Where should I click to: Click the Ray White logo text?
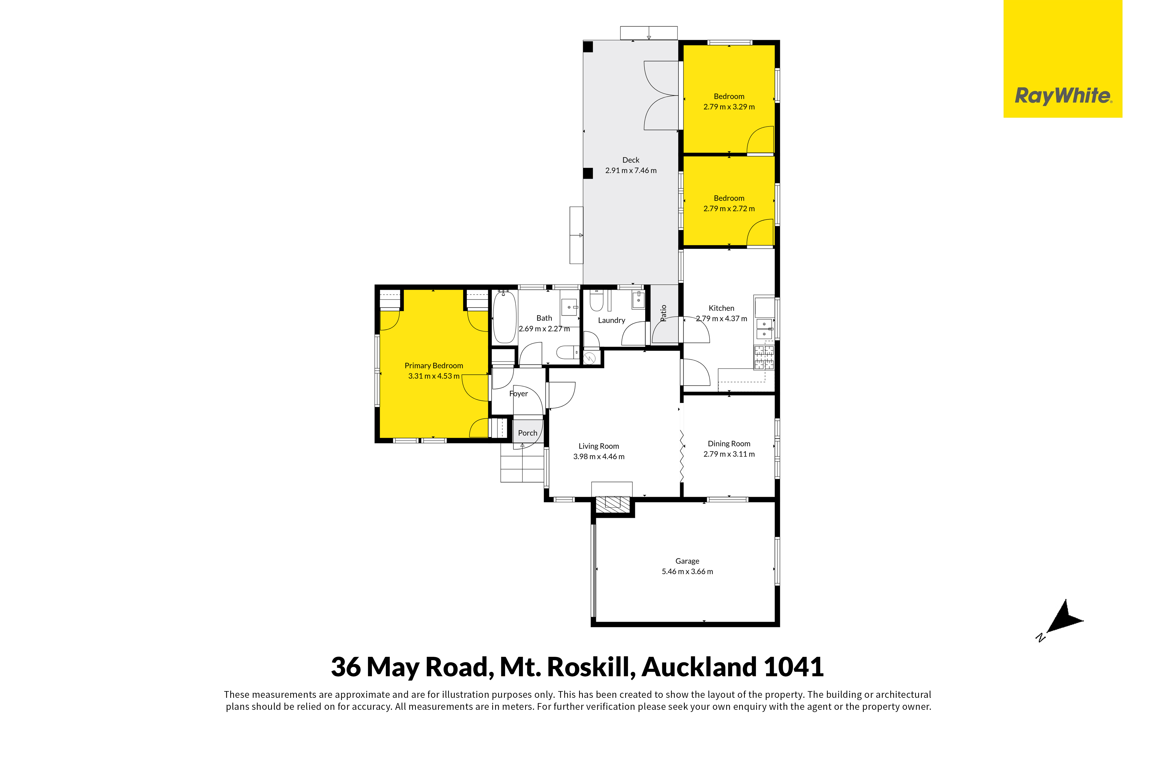coord(1063,96)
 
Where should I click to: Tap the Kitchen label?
coord(721,308)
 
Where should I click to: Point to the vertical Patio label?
coord(663,313)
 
